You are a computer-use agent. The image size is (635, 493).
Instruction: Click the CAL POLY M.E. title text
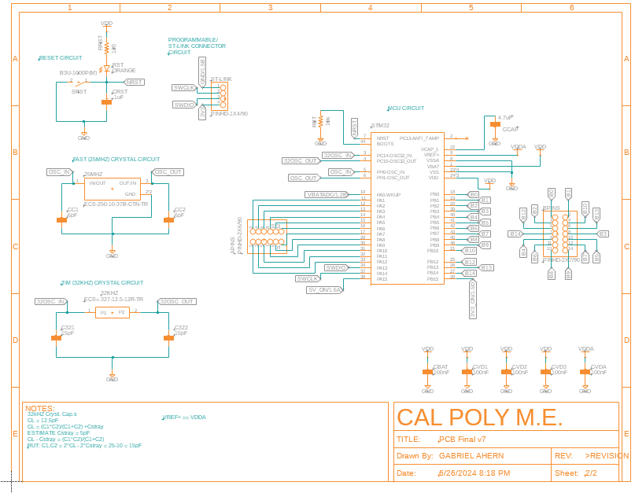point(478,418)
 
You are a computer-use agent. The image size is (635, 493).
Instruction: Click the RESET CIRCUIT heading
point(61,58)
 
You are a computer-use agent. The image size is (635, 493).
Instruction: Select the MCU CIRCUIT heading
point(406,108)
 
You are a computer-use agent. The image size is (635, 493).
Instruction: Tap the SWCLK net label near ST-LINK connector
point(183,87)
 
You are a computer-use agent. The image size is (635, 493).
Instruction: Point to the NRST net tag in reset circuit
point(135,82)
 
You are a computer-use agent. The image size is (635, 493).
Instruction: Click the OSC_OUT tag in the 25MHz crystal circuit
point(168,171)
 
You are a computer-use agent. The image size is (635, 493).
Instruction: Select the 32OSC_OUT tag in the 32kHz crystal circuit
point(177,301)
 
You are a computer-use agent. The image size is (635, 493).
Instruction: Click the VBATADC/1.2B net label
point(327,193)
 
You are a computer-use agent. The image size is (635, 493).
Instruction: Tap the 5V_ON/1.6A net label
point(324,289)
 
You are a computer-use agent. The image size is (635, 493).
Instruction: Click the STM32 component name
point(380,126)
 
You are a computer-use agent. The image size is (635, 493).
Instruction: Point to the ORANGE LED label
point(124,71)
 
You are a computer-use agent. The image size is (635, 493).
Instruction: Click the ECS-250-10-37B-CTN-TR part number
point(116,204)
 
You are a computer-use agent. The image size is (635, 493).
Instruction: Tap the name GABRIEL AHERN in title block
point(471,456)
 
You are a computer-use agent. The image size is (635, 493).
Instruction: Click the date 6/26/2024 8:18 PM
point(474,473)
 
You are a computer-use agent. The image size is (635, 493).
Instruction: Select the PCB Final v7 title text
point(463,440)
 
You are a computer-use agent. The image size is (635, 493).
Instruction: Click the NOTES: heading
point(40,409)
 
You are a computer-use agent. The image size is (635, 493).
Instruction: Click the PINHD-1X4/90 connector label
point(229,114)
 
